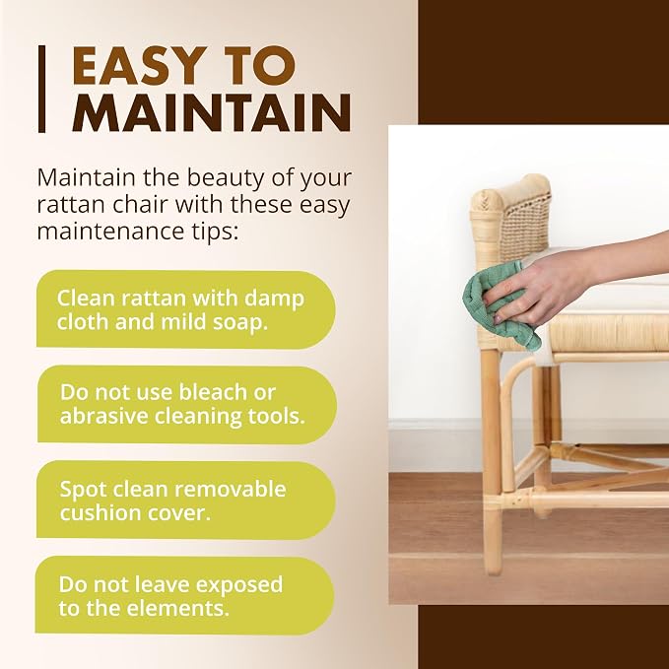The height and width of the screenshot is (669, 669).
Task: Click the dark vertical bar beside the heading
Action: pyautogui.click(x=41, y=89)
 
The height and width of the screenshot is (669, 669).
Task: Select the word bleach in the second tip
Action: pyautogui.click(x=212, y=392)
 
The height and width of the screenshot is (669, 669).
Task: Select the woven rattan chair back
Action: pyautogui.click(x=512, y=218)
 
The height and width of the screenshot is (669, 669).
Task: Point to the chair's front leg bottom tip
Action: pyautogui.click(x=494, y=570)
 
